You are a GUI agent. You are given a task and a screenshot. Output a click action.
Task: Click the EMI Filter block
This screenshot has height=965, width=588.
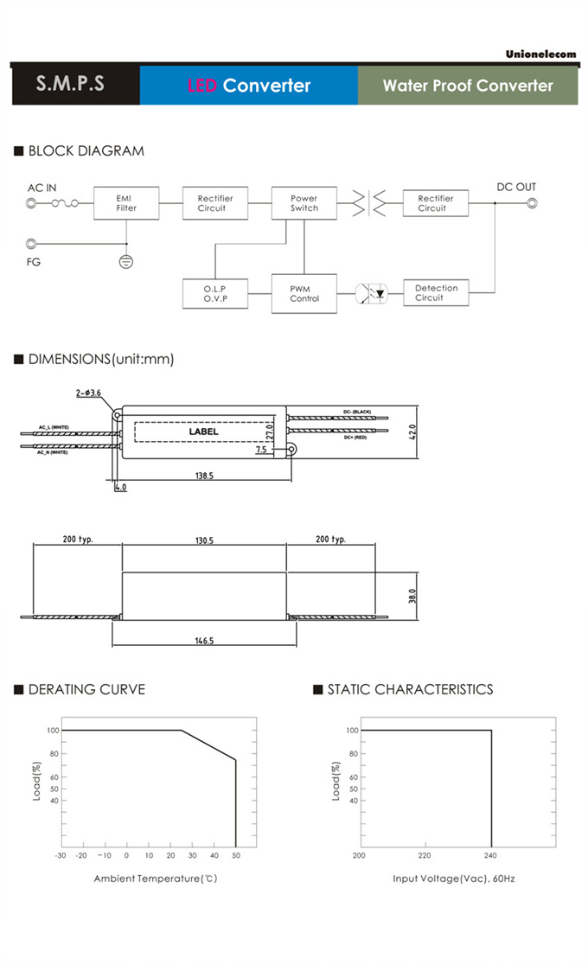126,203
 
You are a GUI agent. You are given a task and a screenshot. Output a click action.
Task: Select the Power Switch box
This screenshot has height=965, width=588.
304,203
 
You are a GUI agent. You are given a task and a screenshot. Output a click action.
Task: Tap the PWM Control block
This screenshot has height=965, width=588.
304,293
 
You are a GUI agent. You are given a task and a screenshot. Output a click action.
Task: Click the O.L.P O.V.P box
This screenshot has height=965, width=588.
214,293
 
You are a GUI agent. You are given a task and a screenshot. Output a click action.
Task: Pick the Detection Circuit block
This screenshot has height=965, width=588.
436,293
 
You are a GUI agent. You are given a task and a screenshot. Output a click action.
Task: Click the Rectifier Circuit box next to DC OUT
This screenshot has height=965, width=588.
436,203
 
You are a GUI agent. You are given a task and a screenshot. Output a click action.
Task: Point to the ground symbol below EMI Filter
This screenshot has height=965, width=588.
126,260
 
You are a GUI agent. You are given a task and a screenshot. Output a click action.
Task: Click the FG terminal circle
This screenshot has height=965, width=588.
32,245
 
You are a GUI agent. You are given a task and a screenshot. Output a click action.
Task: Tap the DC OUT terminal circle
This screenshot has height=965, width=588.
532,203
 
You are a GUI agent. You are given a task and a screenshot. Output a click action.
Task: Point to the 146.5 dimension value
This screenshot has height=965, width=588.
204,641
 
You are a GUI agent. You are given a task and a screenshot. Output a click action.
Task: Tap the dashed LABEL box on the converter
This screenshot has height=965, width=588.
204,431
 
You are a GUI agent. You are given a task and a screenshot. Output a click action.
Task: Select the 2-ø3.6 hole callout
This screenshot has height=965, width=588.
88,393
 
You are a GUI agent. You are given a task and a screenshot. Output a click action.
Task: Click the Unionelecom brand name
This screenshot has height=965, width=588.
540,54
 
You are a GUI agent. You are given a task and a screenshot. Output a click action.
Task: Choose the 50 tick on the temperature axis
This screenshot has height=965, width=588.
235,856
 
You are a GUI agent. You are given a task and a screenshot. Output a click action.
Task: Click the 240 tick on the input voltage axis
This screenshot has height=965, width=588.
491,856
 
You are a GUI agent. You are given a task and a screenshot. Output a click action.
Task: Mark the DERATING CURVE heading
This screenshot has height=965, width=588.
86,689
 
